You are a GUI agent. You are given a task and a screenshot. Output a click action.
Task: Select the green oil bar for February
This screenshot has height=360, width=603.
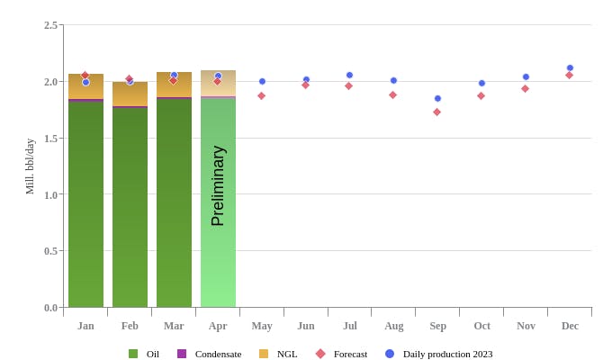pos(130,207)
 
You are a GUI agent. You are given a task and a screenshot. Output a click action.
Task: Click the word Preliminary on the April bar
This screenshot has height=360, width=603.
pos(218,185)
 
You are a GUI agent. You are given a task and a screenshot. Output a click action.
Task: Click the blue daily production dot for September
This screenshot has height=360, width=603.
pos(437,98)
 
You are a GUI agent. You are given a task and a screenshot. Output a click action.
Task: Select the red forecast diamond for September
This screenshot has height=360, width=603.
pos(436,112)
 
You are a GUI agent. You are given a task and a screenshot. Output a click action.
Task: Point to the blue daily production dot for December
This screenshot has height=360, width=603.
pos(570,67)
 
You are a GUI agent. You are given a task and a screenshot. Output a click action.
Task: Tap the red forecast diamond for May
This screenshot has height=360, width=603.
pos(261,95)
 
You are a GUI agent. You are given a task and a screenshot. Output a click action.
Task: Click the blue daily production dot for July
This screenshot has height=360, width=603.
pos(349,75)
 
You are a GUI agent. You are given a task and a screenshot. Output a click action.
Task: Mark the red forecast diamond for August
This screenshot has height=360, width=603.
pos(392,94)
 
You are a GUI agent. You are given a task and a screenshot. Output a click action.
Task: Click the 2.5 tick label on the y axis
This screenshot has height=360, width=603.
pos(50,25)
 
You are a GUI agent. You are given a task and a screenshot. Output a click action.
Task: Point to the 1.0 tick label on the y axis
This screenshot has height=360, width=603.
pos(50,194)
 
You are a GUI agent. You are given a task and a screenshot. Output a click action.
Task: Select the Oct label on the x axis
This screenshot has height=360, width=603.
pos(481,326)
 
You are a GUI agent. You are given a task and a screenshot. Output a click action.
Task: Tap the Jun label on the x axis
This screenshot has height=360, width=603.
pos(305,326)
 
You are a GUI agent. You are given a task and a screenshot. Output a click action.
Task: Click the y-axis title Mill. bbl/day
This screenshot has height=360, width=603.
pos(30,166)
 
